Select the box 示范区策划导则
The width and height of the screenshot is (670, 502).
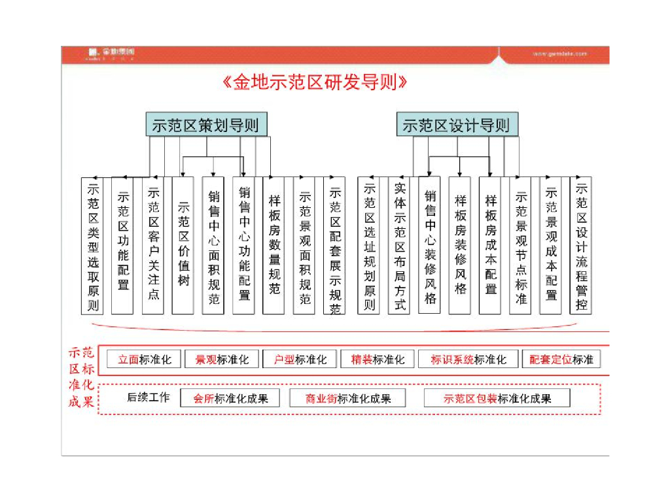pyautogui.click(x=206, y=125)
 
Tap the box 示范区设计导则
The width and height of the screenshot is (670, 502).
pyautogui.click(x=457, y=125)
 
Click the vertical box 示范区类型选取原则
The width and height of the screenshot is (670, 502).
pyautogui.click(x=93, y=245)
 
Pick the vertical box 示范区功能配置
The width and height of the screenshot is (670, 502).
pyautogui.click(x=123, y=245)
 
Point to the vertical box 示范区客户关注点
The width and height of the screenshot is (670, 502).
pyautogui.click(x=153, y=245)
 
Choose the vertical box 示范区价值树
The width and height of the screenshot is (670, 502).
pyautogui.click(x=183, y=245)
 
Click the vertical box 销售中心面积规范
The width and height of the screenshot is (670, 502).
pyautogui.click(x=213, y=245)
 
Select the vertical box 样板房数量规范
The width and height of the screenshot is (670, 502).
pyautogui.click(x=274, y=245)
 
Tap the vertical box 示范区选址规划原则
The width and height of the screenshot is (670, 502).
pyautogui.click(x=369, y=245)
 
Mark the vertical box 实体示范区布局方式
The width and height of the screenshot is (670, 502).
pyautogui.click(x=399, y=245)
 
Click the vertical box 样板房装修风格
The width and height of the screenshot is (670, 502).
pyautogui.click(x=460, y=245)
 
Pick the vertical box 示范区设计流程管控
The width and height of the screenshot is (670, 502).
pyautogui.click(x=581, y=245)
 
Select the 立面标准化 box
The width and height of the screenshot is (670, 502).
pyautogui.click(x=144, y=360)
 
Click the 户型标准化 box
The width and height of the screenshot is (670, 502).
pyautogui.click(x=300, y=360)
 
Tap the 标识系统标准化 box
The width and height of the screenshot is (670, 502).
pyautogui.click(x=468, y=360)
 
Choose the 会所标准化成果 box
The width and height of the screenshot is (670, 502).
pyautogui.click(x=230, y=398)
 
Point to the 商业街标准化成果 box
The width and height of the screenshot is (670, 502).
pyautogui.click(x=347, y=398)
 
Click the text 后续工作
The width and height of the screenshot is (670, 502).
pyautogui.click(x=148, y=397)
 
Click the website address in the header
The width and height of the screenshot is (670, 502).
pyautogui.click(x=559, y=54)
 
